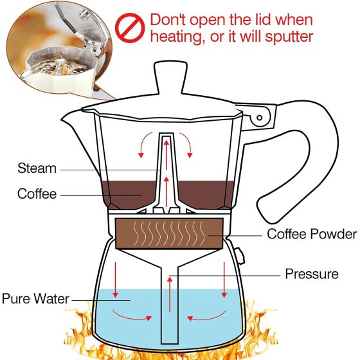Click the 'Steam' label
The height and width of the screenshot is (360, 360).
point(37,169)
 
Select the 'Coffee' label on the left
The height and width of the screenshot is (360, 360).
point(37,194)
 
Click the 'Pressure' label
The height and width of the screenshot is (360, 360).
point(312,274)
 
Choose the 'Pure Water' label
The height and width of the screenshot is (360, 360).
point(35,299)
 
